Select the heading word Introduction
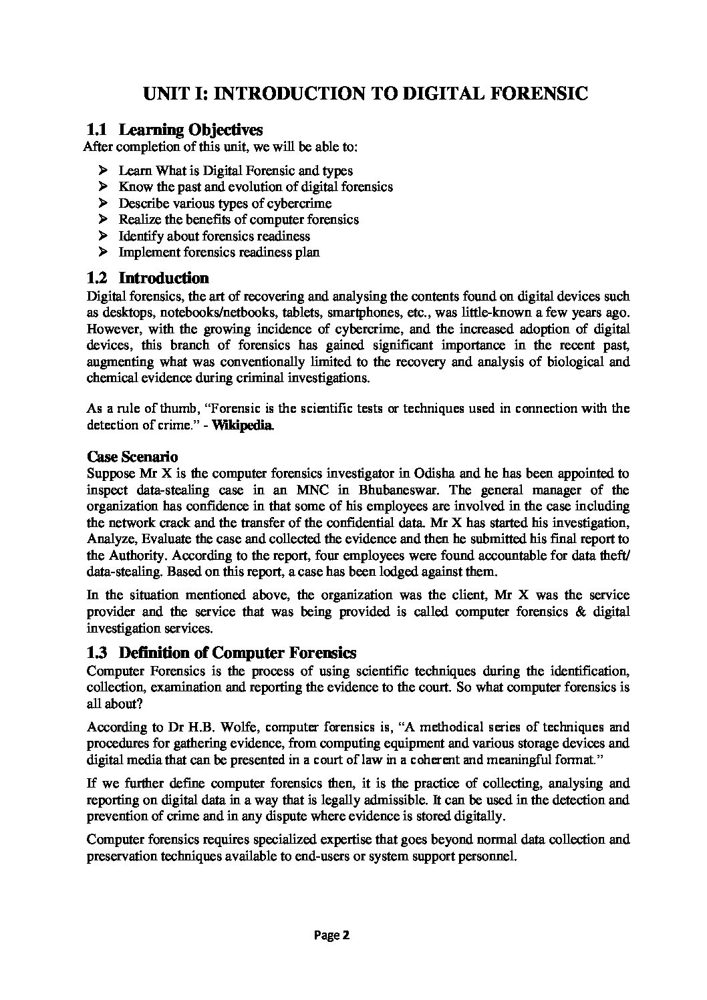[x=164, y=278]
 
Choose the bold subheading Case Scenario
[x=132, y=457]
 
